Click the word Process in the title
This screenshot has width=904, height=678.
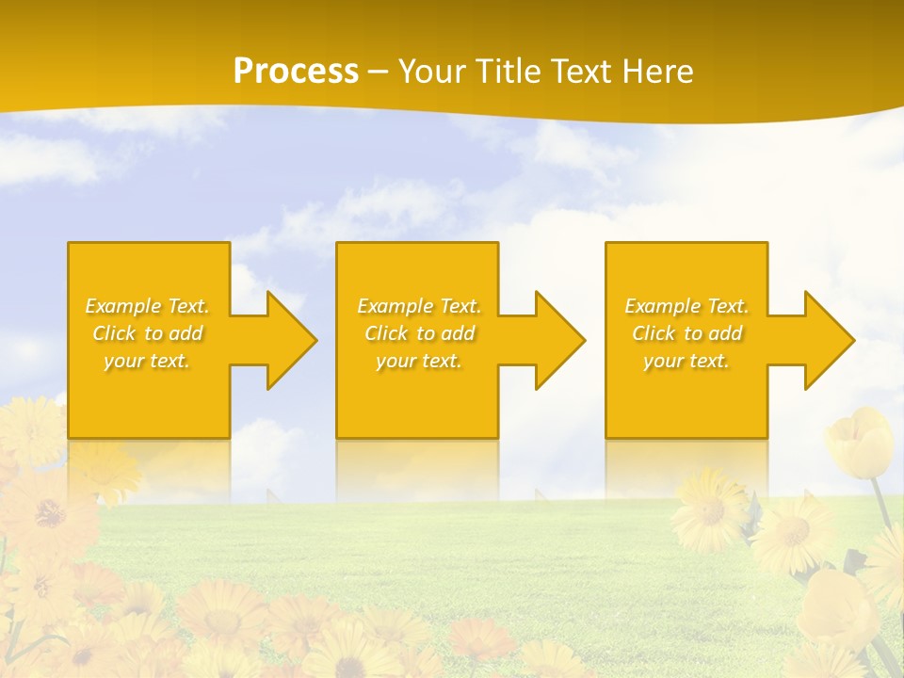coord(296,72)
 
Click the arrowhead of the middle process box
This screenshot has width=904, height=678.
coord(559,340)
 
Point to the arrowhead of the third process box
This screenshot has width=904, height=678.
coord(828,340)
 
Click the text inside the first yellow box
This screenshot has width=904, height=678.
coord(148,333)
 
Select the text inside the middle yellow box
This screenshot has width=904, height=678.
coord(419,333)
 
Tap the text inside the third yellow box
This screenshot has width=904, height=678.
coord(686,333)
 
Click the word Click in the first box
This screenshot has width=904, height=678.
coord(114,333)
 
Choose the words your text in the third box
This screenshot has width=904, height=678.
coord(686,361)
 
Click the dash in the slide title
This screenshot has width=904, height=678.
coord(378,72)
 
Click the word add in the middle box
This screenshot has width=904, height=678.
coord(458,333)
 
